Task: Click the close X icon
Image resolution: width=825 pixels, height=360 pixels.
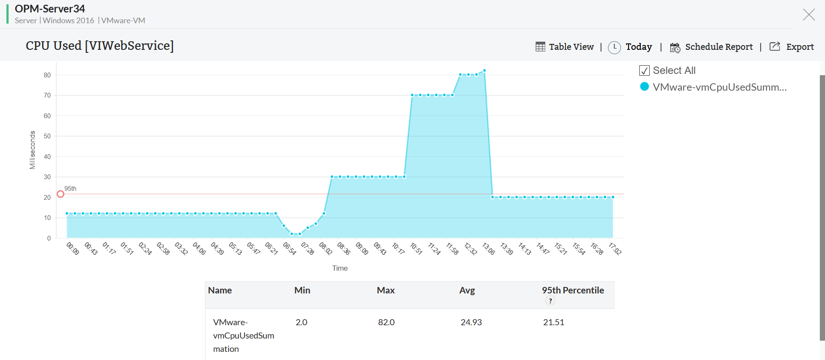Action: pyautogui.click(x=809, y=15)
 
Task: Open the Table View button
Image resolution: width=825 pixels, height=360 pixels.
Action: pyautogui.click(x=565, y=47)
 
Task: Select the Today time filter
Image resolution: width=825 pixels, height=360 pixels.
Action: pyautogui.click(x=630, y=47)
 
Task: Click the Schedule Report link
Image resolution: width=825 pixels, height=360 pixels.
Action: pyautogui.click(x=712, y=47)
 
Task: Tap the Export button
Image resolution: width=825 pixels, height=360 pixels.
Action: pyautogui.click(x=791, y=47)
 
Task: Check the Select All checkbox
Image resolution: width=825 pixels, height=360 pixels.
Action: pyautogui.click(x=645, y=70)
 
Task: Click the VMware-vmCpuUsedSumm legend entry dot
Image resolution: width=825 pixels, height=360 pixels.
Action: pyautogui.click(x=645, y=87)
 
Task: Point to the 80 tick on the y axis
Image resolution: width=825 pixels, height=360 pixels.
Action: pyautogui.click(x=47, y=75)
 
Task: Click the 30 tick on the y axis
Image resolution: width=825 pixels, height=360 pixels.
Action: pyautogui.click(x=47, y=177)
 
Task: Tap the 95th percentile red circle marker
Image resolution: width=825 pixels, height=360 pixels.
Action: pyautogui.click(x=61, y=194)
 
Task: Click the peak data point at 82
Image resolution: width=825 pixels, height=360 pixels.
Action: pyautogui.click(x=484, y=70)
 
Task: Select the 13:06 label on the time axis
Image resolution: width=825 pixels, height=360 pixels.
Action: pyautogui.click(x=489, y=249)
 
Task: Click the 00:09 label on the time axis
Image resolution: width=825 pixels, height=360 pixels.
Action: pyautogui.click(x=73, y=249)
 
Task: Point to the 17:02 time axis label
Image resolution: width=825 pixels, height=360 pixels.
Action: pyautogui.click(x=615, y=249)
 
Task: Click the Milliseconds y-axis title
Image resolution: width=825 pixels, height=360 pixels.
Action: pyautogui.click(x=32, y=150)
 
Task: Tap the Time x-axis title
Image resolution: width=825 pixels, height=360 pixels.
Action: pyautogui.click(x=340, y=268)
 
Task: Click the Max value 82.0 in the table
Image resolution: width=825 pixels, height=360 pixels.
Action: pyautogui.click(x=386, y=322)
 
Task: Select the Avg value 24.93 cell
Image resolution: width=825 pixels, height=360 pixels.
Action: pyautogui.click(x=471, y=322)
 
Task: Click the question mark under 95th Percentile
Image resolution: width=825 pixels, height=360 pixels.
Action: pyautogui.click(x=550, y=301)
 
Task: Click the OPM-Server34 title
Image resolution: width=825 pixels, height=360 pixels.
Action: pyautogui.click(x=50, y=9)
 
